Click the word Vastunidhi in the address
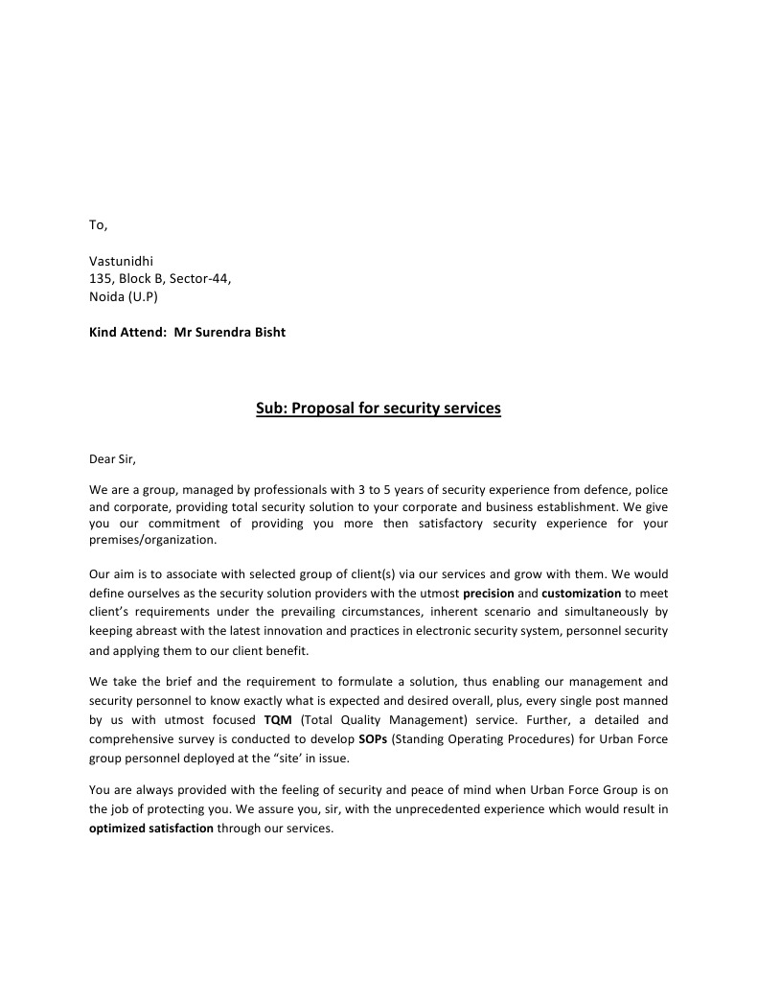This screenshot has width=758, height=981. [x=121, y=261]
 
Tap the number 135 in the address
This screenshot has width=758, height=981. [x=100, y=278]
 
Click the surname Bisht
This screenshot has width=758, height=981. [x=266, y=333]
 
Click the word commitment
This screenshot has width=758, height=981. [x=184, y=523]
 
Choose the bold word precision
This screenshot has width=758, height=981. [x=489, y=594]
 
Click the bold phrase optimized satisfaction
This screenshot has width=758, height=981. [x=150, y=829]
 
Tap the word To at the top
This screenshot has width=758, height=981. [x=98, y=225]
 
